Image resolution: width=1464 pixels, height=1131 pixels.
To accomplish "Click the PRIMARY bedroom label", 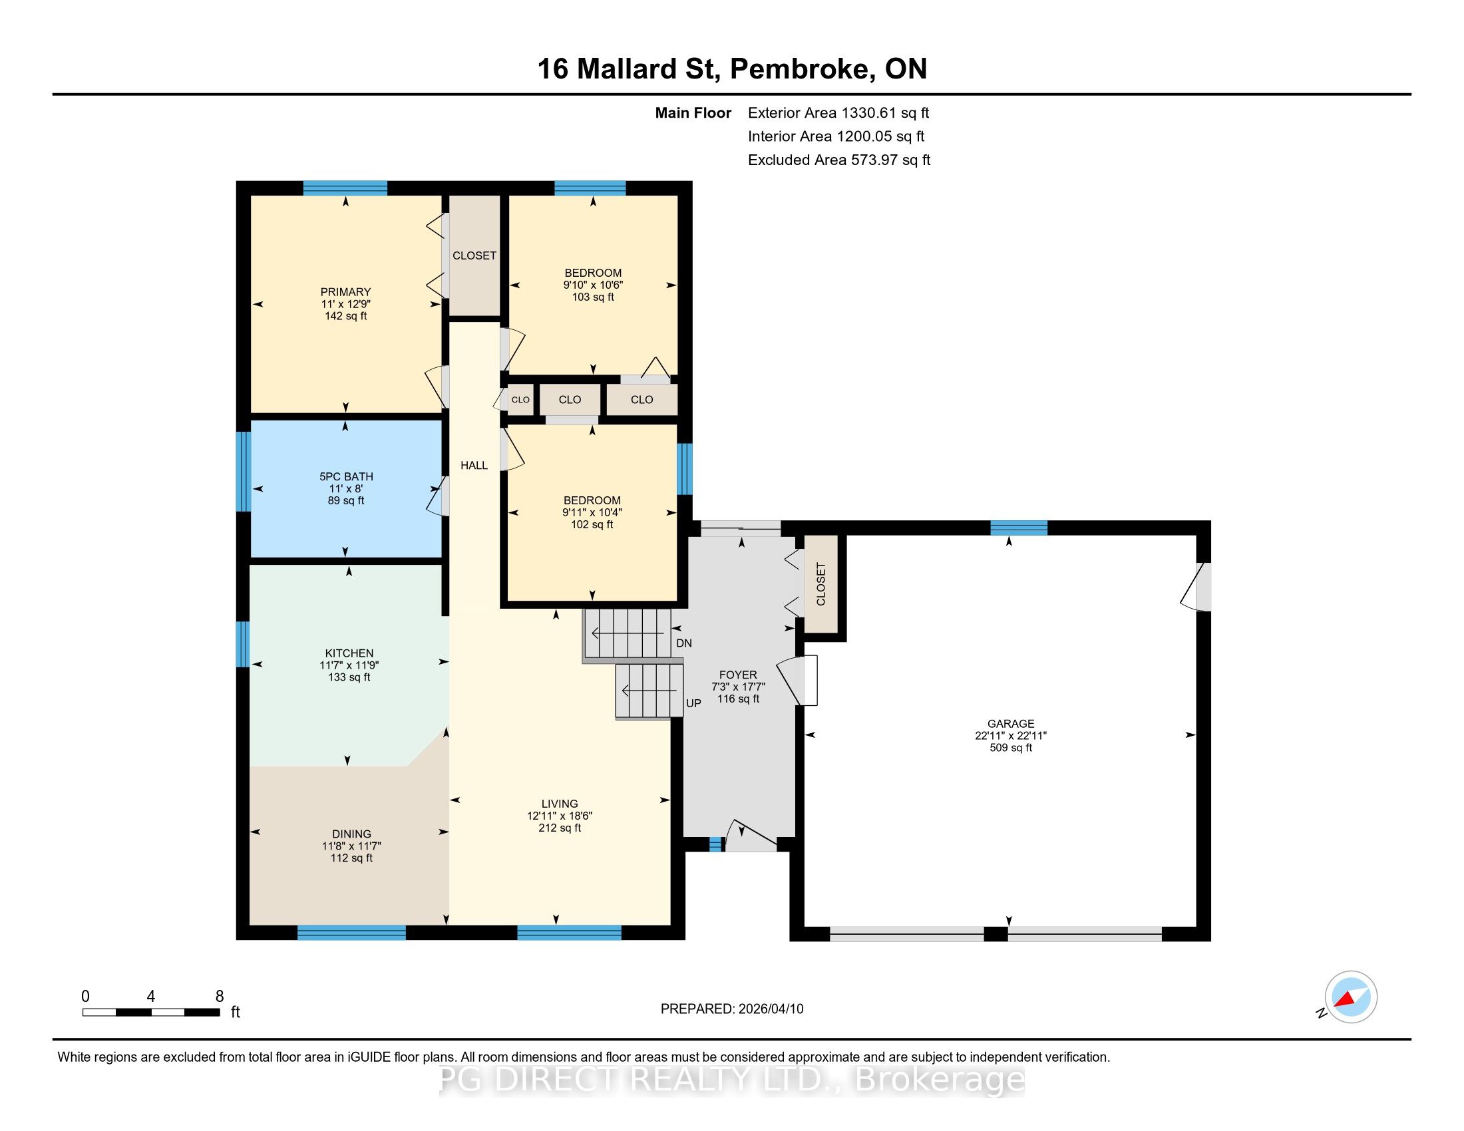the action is click(x=345, y=292).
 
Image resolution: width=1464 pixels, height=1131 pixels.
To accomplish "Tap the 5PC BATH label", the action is click(x=346, y=476).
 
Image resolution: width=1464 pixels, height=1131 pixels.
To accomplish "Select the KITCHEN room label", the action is click(x=349, y=653).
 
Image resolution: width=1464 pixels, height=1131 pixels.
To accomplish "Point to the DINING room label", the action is click(x=351, y=834).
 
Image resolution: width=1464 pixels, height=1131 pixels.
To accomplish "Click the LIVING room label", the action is click(x=560, y=804).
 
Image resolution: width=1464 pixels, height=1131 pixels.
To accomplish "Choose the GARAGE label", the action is click(x=1011, y=724).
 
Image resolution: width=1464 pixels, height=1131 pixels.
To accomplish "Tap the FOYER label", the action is click(x=738, y=675).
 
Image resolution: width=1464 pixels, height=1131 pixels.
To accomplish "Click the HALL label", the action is click(x=474, y=466).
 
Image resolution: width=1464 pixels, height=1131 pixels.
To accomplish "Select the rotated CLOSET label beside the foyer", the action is click(x=821, y=584).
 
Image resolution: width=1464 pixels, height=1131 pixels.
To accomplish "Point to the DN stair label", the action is click(x=683, y=643).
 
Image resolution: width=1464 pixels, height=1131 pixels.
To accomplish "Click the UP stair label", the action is click(x=693, y=703).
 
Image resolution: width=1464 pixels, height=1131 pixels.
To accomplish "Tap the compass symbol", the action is click(x=1350, y=997).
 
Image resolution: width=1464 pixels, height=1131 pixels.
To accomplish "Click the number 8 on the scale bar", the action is click(x=219, y=997).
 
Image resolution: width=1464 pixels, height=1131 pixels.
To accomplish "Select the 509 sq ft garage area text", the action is click(x=1011, y=748).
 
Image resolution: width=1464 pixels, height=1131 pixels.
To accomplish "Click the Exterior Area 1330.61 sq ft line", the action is click(x=838, y=113).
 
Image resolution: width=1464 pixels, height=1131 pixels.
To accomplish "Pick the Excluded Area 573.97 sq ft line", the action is click(x=839, y=160).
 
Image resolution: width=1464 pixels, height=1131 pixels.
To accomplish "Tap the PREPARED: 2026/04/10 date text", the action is click(x=732, y=1009).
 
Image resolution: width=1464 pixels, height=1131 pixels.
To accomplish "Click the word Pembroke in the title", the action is click(x=802, y=70).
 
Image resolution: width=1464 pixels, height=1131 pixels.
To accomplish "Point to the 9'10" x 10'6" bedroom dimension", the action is click(x=593, y=285).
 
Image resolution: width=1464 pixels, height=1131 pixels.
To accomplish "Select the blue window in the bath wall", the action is click(x=243, y=472).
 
